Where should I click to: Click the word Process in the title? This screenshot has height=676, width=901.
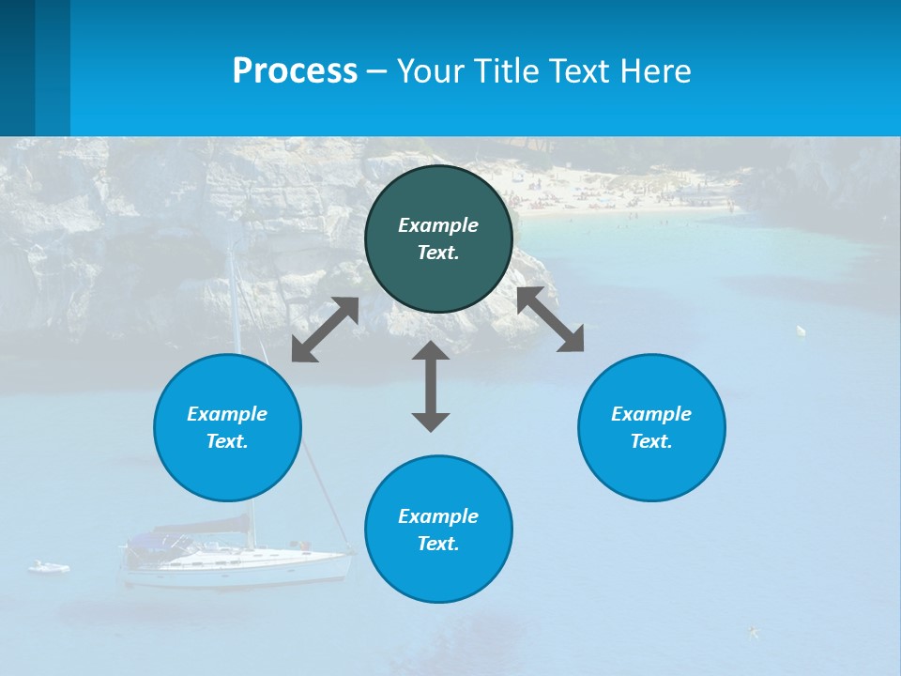point(295,71)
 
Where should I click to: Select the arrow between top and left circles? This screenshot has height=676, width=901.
point(325,330)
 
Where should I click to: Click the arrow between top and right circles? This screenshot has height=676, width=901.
point(550,319)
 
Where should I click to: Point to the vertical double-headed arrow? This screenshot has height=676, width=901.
point(431,386)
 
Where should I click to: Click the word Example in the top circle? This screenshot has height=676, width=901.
point(438,225)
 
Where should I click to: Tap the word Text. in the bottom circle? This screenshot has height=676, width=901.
point(438,544)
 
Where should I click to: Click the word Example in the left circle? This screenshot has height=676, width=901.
point(227,414)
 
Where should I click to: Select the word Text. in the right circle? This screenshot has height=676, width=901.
point(651,441)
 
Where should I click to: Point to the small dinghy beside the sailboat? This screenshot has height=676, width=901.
point(49,567)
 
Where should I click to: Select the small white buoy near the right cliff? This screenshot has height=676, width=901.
point(801,330)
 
